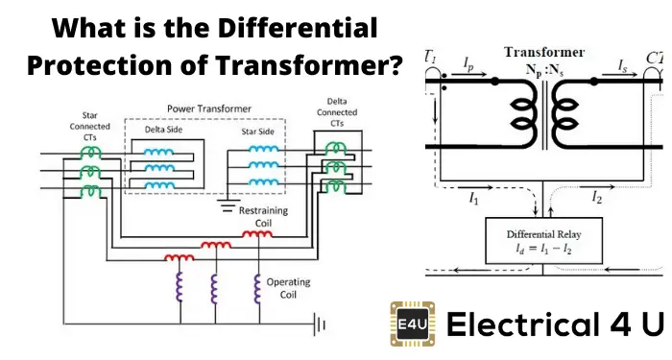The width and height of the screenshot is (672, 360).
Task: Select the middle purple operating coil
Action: [214, 289]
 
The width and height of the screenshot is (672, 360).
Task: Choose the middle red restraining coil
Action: [216, 246]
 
